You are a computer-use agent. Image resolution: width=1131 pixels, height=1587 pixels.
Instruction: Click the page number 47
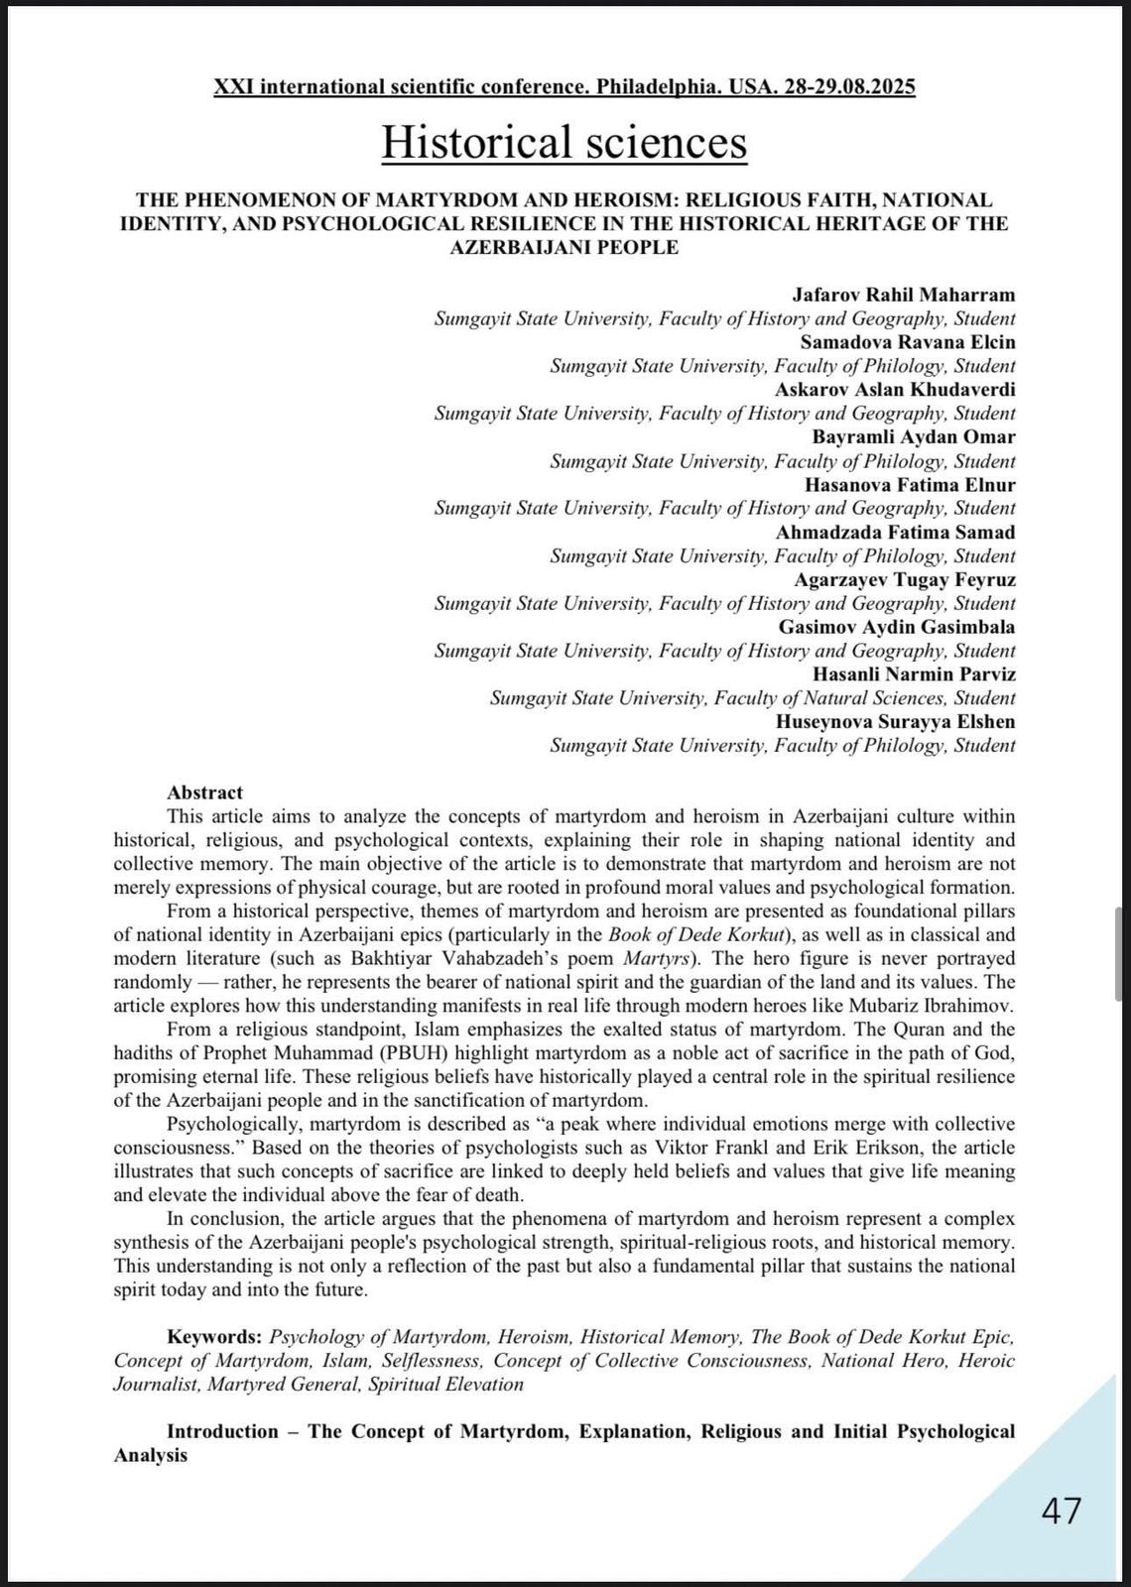[x=1062, y=1511]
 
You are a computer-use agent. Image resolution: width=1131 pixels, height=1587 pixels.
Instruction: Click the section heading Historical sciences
[x=565, y=142]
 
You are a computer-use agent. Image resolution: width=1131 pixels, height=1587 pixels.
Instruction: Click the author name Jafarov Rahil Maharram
[x=903, y=295]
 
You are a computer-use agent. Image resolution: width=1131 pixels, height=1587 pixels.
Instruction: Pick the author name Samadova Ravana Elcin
[x=907, y=342]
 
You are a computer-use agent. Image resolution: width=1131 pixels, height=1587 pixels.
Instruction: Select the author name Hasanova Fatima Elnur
[x=910, y=485]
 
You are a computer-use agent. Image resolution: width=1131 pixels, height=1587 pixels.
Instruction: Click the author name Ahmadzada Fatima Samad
[x=895, y=533]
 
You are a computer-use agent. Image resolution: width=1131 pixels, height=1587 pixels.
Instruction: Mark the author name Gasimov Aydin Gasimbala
[x=897, y=627]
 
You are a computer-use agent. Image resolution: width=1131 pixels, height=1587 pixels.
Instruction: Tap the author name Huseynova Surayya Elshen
[x=895, y=722]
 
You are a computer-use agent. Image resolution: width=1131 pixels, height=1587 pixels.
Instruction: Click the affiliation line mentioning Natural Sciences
[x=752, y=698]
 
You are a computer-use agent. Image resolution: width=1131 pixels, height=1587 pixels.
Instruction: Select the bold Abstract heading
[x=204, y=793]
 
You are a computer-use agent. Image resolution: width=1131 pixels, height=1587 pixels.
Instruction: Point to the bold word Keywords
[x=214, y=1337]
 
